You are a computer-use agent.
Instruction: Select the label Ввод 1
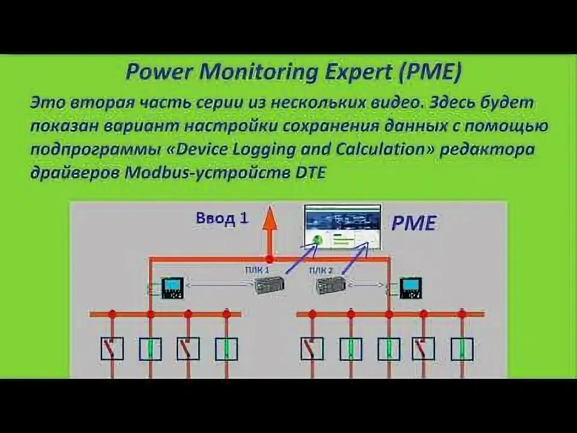(222, 218)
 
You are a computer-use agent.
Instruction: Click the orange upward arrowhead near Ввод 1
(270, 215)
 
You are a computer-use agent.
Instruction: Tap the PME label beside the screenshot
(413, 224)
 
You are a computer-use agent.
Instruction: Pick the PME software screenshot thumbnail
(343, 227)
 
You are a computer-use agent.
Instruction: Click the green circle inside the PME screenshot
(316, 241)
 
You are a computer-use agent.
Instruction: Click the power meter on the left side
(173, 287)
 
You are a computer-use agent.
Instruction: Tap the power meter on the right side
(412, 287)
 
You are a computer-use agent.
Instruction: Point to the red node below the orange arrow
(270, 259)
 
